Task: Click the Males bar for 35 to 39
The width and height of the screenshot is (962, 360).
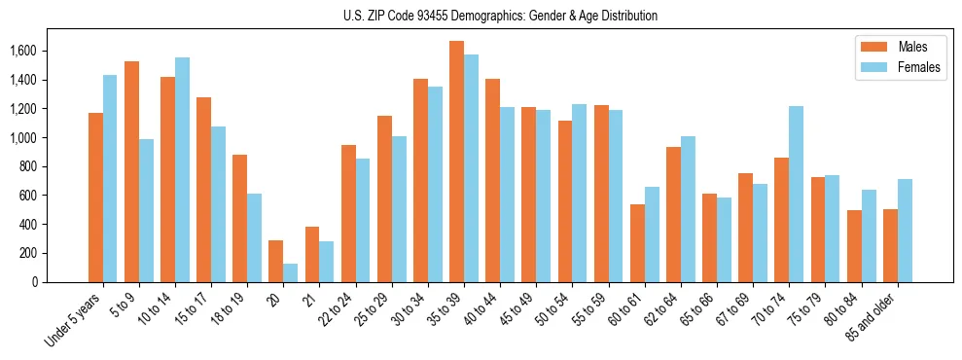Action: click(456, 162)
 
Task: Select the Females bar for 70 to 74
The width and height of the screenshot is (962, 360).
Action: click(796, 195)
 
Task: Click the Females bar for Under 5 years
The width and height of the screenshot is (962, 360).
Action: click(110, 179)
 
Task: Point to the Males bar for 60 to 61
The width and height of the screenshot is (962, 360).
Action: click(637, 243)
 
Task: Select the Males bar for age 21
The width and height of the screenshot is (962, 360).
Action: click(312, 255)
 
